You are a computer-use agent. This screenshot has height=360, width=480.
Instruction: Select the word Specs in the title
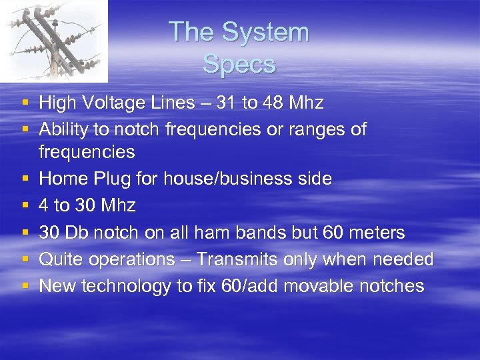[x=239, y=65]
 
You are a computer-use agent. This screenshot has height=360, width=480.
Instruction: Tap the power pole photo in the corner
[x=53, y=40]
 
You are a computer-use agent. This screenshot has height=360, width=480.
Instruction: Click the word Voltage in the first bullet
[x=114, y=103]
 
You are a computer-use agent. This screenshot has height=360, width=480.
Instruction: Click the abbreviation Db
[x=77, y=233]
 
